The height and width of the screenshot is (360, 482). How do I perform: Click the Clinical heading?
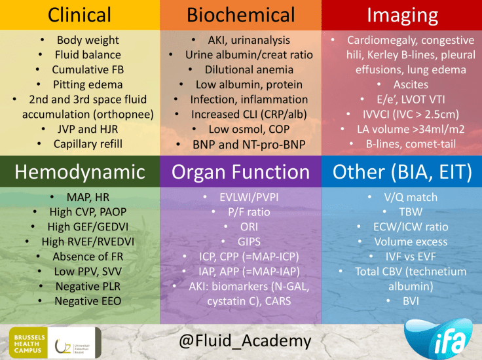[79, 14]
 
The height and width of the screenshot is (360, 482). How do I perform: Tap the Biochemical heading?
[240, 14]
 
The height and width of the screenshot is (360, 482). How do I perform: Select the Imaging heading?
[402, 14]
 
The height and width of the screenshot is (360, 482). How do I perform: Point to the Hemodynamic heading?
[79, 172]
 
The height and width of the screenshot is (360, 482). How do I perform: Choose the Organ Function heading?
[240, 172]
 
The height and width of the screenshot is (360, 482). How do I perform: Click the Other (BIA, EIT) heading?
[402, 172]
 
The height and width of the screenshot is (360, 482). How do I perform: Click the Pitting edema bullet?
[88, 84]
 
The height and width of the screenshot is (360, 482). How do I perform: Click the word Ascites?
[411, 84]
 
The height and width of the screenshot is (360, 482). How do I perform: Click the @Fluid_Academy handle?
[240, 341]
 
